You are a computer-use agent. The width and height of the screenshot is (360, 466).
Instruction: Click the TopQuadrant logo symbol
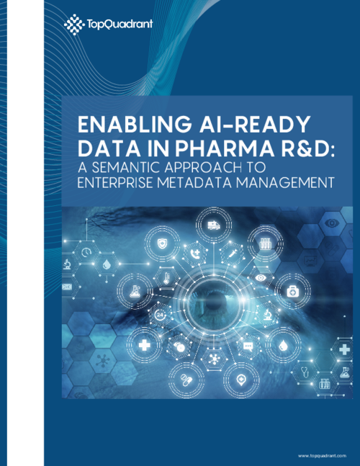(x=73, y=24)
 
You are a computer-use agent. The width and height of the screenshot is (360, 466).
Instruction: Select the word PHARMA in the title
(x=225, y=148)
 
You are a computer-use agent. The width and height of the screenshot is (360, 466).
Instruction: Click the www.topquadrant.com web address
(x=322, y=456)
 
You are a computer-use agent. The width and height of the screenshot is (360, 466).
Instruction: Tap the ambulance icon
(x=214, y=225)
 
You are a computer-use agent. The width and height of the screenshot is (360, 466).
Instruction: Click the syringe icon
(x=232, y=254)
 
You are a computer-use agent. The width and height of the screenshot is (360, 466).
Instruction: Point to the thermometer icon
(x=166, y=279)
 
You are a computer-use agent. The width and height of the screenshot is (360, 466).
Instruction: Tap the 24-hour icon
(x=161, y=315)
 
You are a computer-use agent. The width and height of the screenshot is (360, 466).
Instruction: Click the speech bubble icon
(x=248, y=346)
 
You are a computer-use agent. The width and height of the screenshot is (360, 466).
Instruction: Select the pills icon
(x=186, y=380)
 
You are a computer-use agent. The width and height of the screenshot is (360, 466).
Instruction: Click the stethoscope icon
(x=305, y=372)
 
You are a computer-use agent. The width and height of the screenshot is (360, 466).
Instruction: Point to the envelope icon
(x=67, y=287)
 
